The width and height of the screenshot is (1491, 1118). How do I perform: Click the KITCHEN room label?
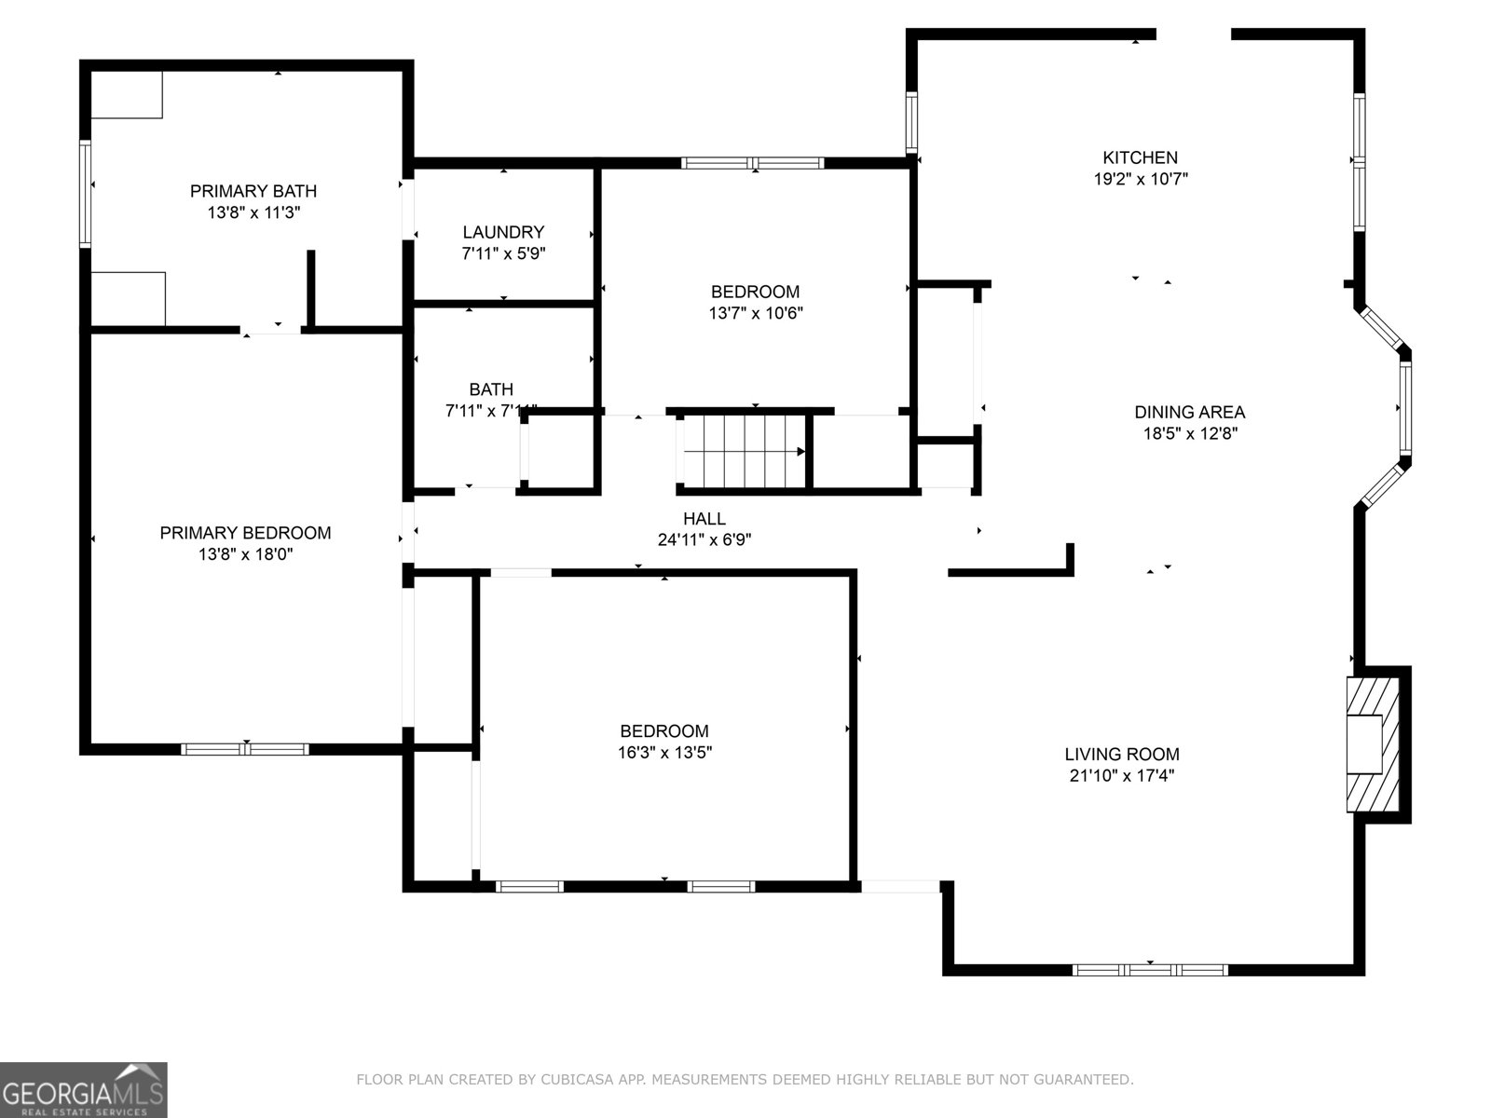click(1140, 157)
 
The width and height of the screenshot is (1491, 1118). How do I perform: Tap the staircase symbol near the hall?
click(744, 450)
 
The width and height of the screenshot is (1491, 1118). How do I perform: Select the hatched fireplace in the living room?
click(1373, 743)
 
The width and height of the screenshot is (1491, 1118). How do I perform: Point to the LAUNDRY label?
click(503, 232)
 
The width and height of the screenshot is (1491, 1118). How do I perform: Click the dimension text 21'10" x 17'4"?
click(1121, 776)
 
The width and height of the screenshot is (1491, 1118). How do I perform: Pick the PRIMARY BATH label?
click(253, 191)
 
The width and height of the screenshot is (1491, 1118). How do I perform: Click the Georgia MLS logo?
click(83, 1089)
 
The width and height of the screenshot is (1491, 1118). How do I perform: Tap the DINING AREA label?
click(1189, 412)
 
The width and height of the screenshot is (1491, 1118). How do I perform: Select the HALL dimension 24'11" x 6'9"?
click(704, 539)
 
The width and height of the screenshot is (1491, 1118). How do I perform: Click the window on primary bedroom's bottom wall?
click(245, 748)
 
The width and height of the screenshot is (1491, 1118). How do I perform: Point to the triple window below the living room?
click(1150, 970)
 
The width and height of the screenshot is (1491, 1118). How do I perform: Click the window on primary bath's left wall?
click(85, 193)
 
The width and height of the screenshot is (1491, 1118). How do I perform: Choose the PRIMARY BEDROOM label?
click(245, 533)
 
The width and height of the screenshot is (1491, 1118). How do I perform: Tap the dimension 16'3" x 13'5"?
click(664, 753)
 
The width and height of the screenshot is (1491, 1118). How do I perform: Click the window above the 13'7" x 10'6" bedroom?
click(753, 163)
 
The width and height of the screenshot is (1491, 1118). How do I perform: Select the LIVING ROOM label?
click(1122, 755)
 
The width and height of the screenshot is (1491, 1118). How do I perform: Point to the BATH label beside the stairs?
click(491, 389)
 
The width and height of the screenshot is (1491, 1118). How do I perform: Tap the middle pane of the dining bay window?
click(1405, 408)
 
